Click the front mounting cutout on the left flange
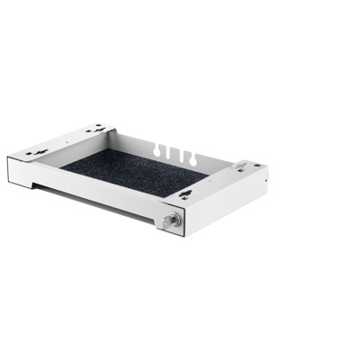tap(37, 153)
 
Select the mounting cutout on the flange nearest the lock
tap(184, 193)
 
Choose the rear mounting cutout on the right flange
tap(240, 166)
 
